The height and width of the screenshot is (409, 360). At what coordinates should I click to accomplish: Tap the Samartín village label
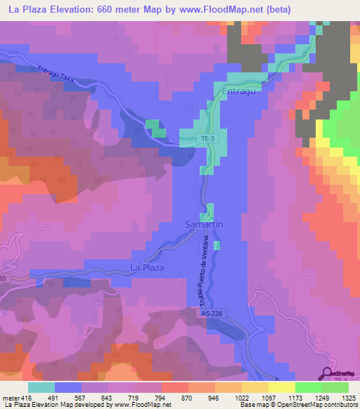point(204,224)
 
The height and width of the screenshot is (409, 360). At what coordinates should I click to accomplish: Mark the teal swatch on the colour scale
point(41,387)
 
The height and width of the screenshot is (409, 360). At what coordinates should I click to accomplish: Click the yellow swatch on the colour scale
point(281,387)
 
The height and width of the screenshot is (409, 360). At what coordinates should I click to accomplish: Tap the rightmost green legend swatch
point(335,387)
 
